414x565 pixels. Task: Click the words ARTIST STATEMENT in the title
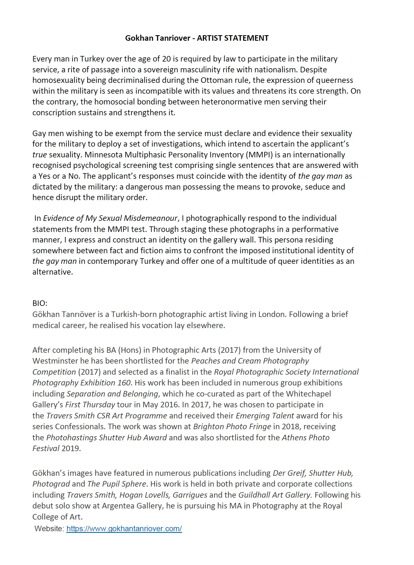[233, 38]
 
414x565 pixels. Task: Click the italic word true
[40, 155]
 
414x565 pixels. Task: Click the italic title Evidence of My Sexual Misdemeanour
[110, 218]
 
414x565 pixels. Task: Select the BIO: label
[40, 303]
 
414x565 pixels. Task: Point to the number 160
[124, 383]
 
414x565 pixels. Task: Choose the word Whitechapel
[308, 394]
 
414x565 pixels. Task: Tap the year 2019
[71, 448]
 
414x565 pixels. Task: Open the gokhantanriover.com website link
[124, 528]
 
